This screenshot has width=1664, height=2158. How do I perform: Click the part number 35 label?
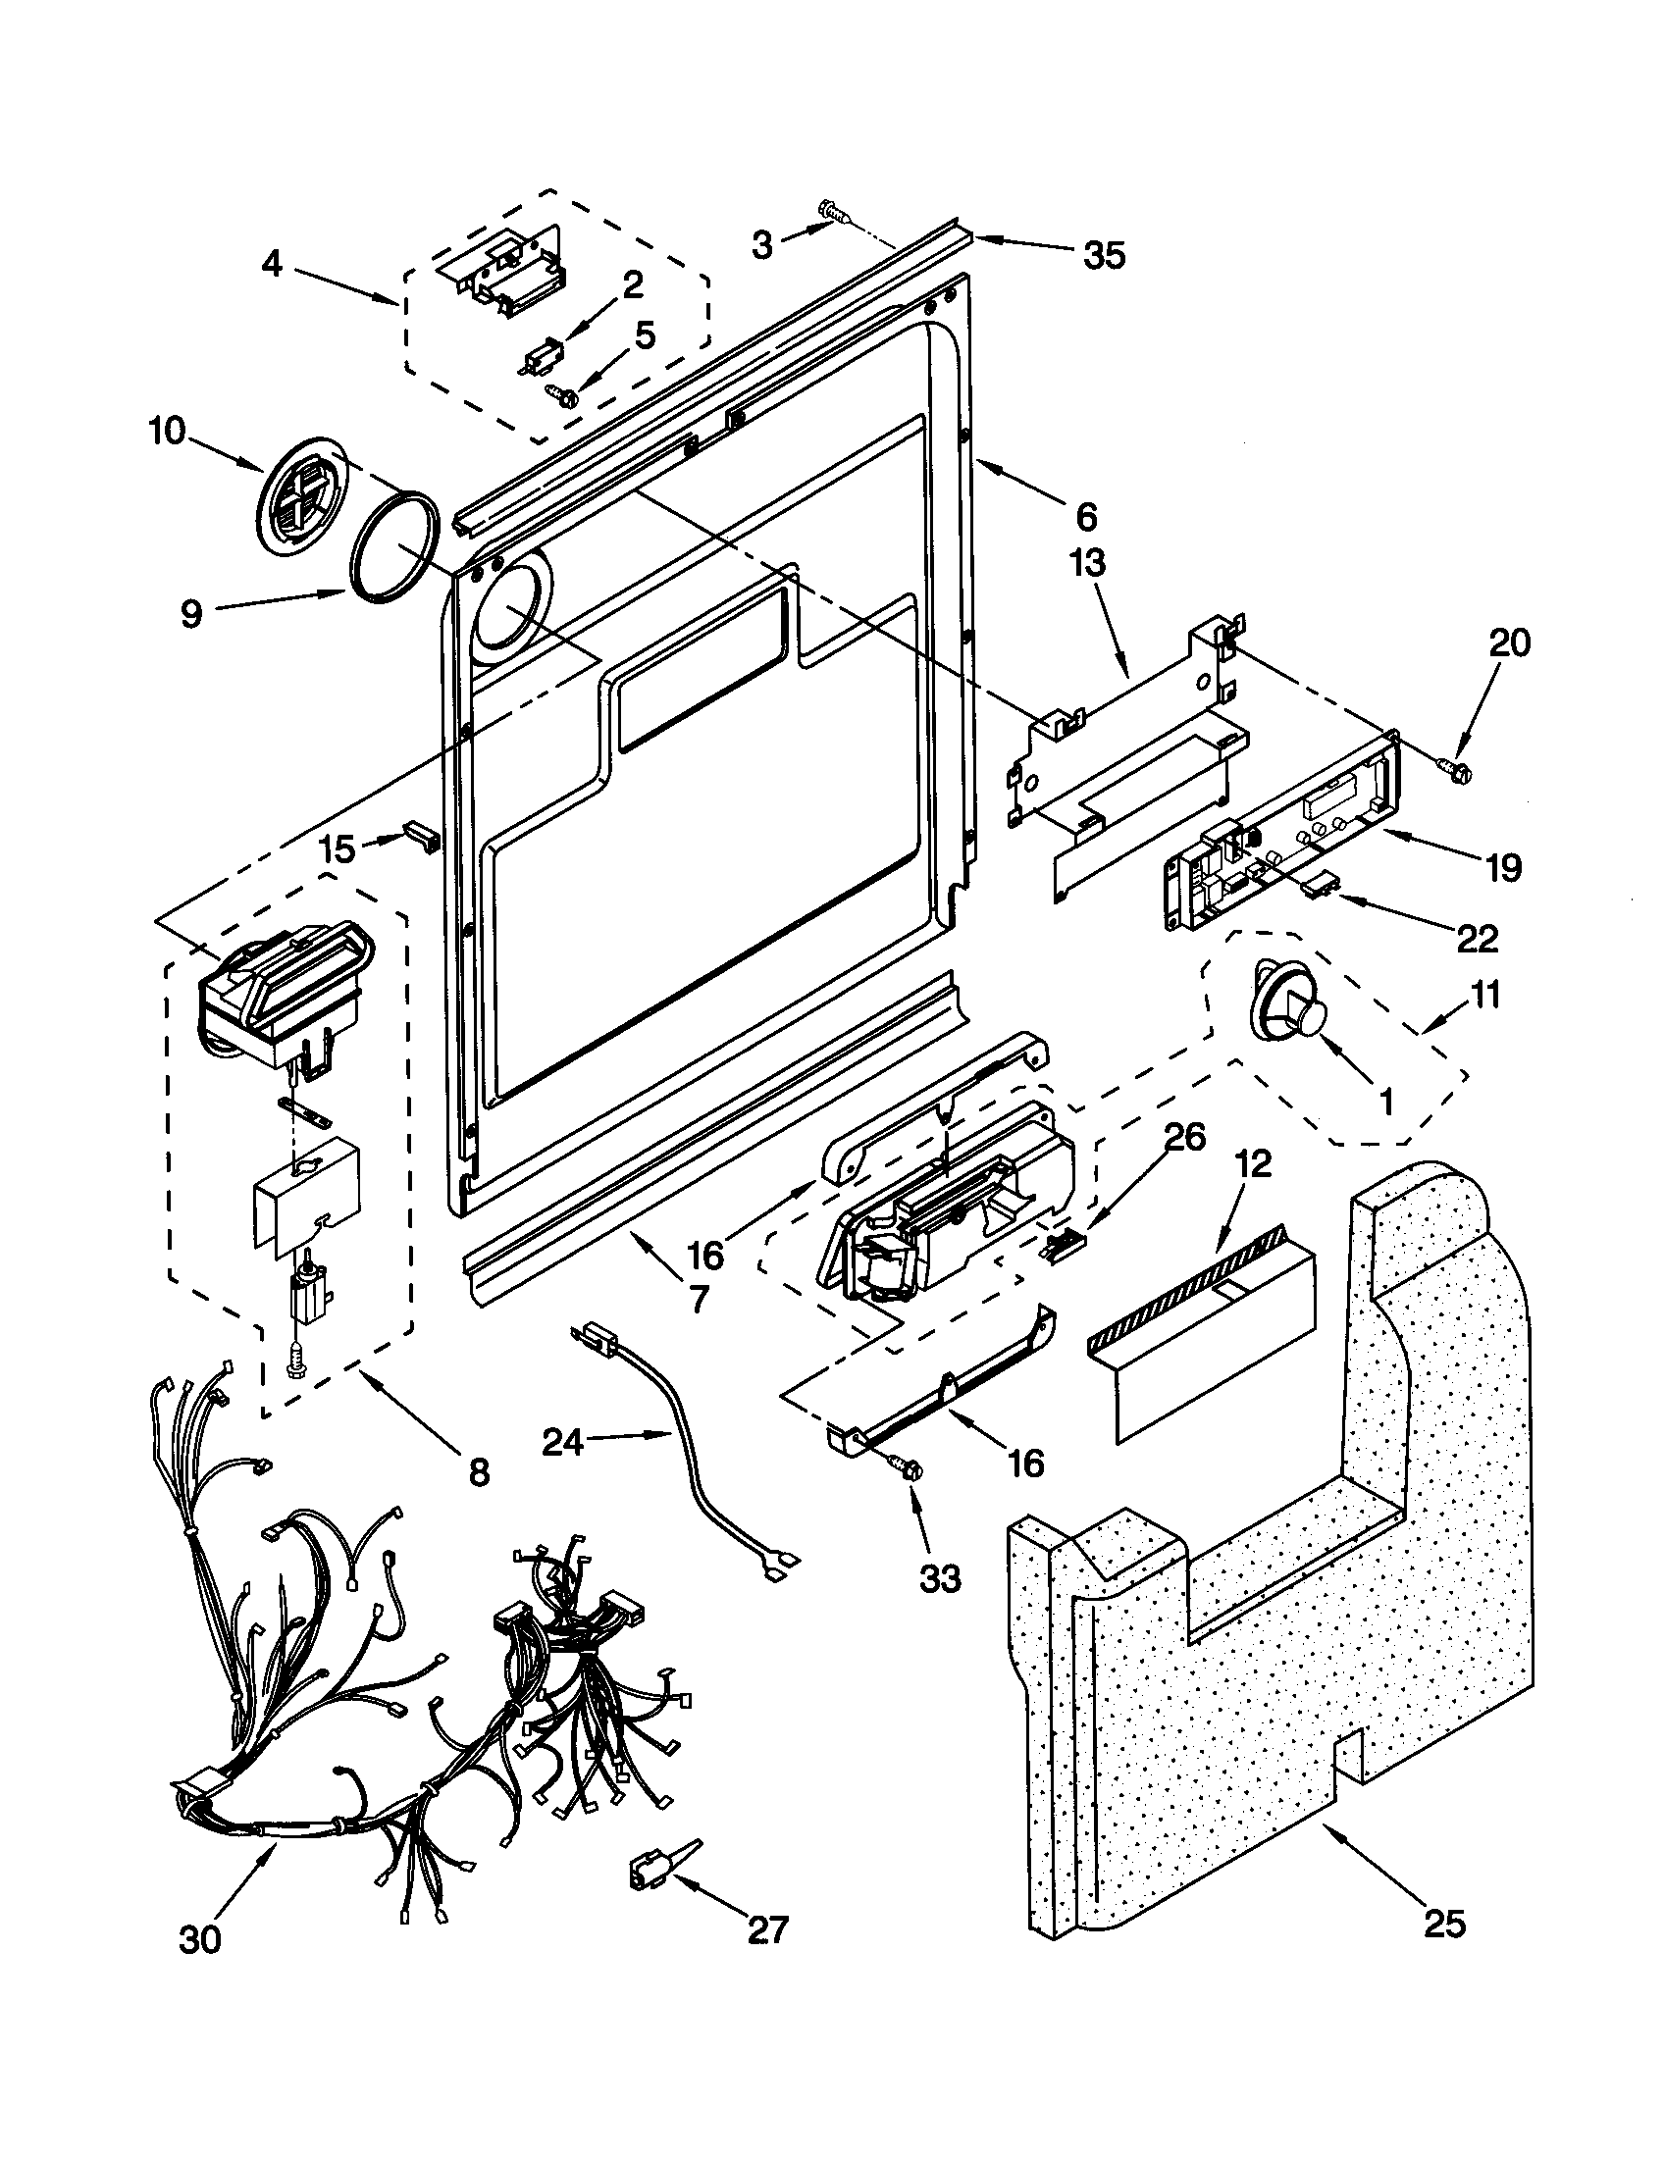click(1105, 256)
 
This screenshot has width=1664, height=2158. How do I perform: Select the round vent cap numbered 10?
click(298, 498)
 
